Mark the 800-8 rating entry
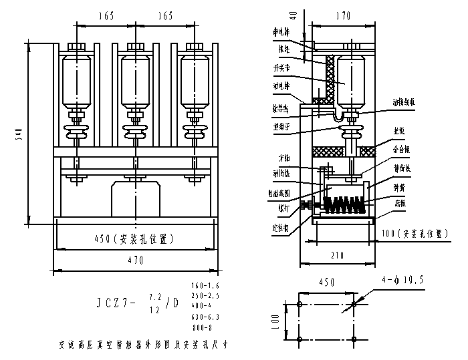(203, 327)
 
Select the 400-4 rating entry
(203, 307)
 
